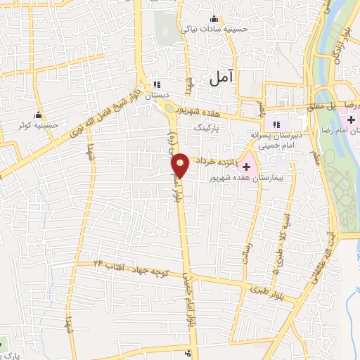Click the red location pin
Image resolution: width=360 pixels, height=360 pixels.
(x=180, y=165)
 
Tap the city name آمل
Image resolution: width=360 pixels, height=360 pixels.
(x=223, y=79)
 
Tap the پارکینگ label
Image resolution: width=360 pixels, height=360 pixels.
(x=208, y=129)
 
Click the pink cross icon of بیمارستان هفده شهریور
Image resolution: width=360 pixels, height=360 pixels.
(x=247, y=166)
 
